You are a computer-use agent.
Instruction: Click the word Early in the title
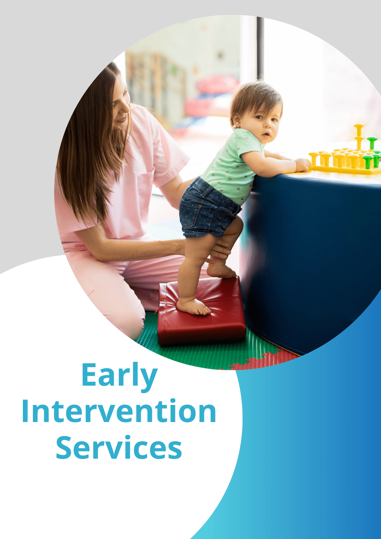tap(119, 376)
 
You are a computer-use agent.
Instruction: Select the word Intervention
tap(119, 411)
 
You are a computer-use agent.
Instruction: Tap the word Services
tap(119, 447)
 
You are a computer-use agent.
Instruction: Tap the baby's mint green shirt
tap(232, 164)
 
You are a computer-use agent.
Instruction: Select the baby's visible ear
tap(237, 120)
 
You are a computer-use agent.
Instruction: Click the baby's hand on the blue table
tap(303, 165)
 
